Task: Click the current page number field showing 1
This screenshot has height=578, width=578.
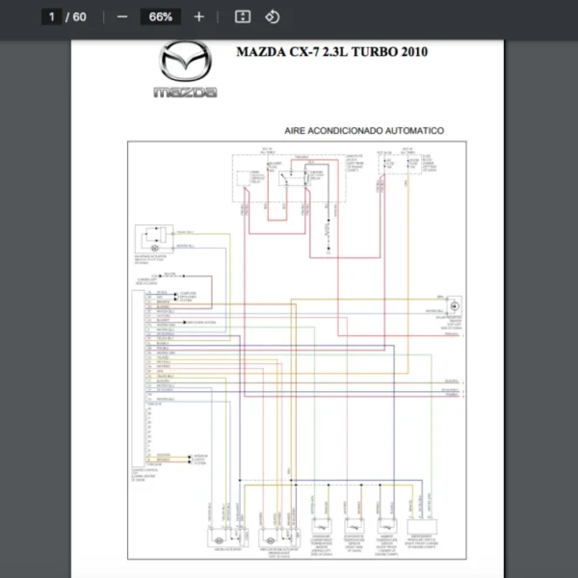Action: click(53, 16)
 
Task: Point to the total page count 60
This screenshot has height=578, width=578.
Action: click(79, 16)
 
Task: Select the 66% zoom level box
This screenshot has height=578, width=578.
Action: click(161, 16)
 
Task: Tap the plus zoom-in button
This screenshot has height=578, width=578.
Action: click(199, 16)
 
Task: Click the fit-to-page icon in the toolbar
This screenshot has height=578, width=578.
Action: click(243, 16)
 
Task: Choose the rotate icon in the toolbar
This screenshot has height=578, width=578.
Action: click(272, 16)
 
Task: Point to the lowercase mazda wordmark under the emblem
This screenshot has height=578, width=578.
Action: click(185, 92)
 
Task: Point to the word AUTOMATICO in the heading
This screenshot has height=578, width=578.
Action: click(416, 129)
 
